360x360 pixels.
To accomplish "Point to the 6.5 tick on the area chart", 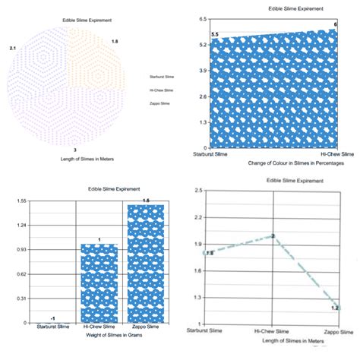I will (201, 17).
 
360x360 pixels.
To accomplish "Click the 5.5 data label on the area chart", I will (215, 35).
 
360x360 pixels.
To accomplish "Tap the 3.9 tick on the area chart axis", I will (201, 70).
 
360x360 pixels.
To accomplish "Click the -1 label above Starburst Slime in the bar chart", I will (52, 317).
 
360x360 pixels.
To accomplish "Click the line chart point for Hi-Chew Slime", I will (273, 236).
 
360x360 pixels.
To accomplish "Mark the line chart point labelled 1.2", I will (336, 308).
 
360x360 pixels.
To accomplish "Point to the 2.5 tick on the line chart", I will (198, 190).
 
